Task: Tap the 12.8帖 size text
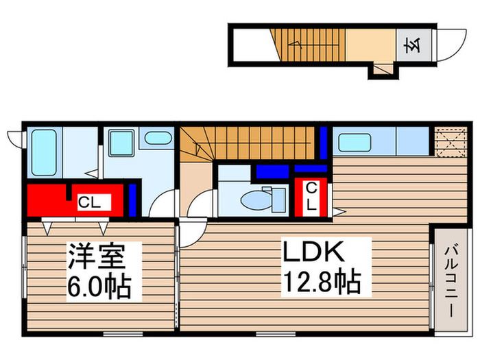pyautogui.click(x=320, y=281)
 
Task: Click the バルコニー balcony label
pyautogui.click(x=451, y=280)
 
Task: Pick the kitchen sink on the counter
pyautogui.click(x=356, y=142)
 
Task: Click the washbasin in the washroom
pyautogui.click(x=158, y=138)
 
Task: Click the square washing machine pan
pyautogui.click(x=123, y=143)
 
